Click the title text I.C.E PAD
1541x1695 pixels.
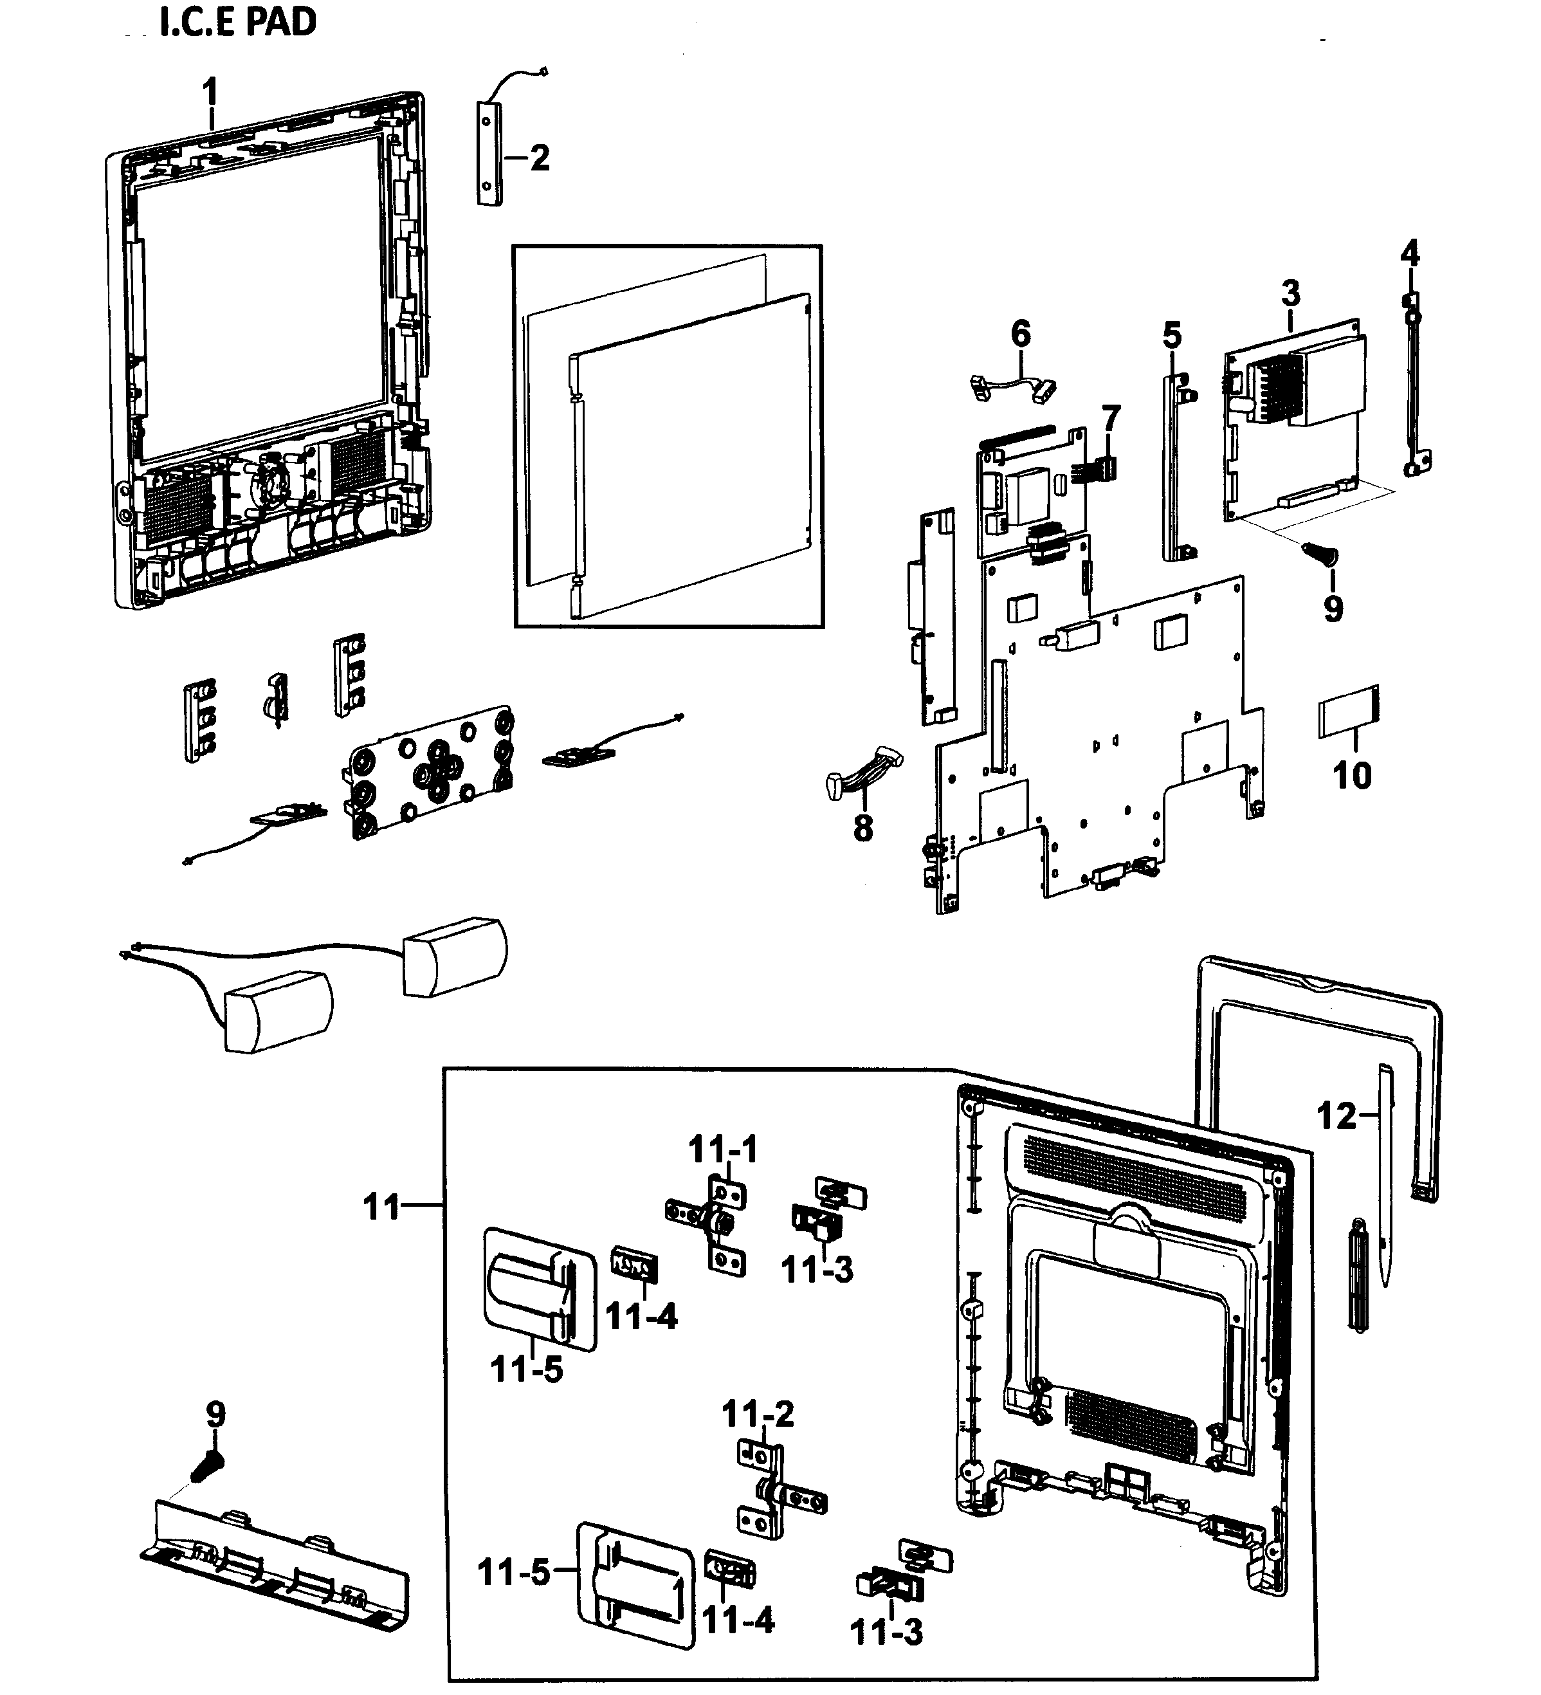pyautogui.click(x=238, y=22)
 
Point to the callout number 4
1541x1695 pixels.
pyautogui.click(x=1410, y=252)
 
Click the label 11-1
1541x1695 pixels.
pyautogui.click(x=723, y=1150)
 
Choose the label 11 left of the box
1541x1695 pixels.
pyautogui.click(x=381, y=1207)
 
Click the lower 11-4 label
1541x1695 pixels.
pyautogui.click(x=738, y=1618)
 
